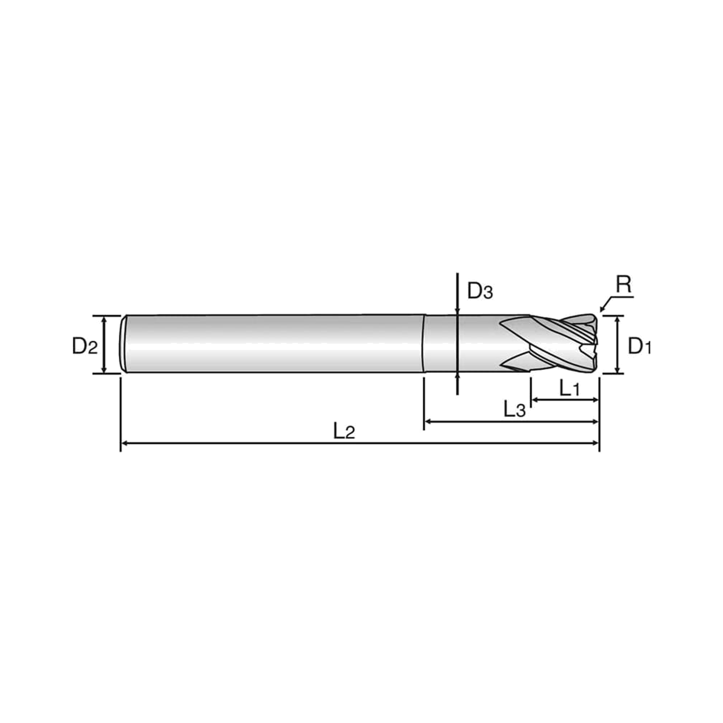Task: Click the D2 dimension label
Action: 85,346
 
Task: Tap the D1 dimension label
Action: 639,346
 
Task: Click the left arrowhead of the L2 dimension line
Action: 125,444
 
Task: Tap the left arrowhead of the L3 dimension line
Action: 428,422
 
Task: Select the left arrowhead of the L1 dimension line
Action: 535,400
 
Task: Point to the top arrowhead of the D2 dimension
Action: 104,319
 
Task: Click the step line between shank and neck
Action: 424,343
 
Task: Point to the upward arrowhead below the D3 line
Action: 457,377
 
